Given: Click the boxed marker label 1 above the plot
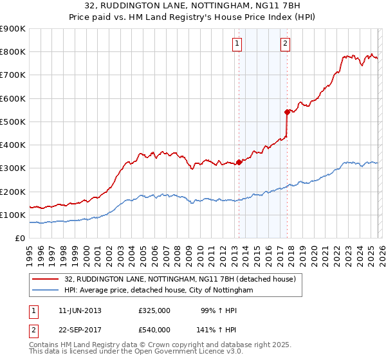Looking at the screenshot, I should (x=237, y=44).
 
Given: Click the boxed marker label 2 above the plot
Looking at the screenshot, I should (x=285, y=44).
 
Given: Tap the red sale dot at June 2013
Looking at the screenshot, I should (x=239, y=162).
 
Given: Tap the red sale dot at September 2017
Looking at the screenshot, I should (x=288, y=111).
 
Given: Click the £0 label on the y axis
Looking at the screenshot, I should (x=20, y=239).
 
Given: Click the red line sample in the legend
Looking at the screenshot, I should (x=46, y=280).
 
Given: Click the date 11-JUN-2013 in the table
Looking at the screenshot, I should (x=80, y=310).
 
